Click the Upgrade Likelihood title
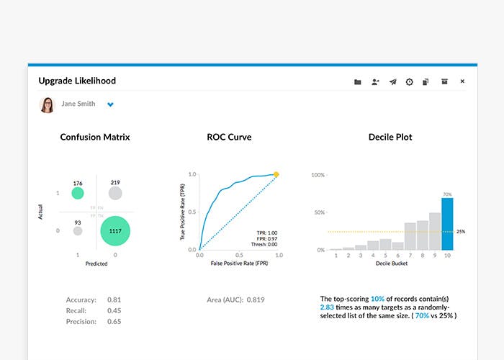(x=77, y=81)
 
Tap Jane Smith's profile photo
(x=47, y=104)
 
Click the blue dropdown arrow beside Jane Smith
(x=110, y=104)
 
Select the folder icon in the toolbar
(x=358, y=82)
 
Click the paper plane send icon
(x=393, y=82)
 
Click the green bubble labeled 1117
(x=114, y=230)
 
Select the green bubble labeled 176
(x=78, y=193)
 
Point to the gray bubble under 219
(x=114, y=193)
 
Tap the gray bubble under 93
(x=78, y=231)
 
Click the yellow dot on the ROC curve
(x=276, y=174)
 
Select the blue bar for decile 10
(x=447, y=223)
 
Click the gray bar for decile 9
(x=435, y=231)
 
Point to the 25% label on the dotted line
(x=461, y=232)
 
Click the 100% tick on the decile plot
(x=318, y=174)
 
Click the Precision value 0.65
(x=114, y=321)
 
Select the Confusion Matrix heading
(x=96, y=137)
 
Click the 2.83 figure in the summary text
(x=328, y=306)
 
